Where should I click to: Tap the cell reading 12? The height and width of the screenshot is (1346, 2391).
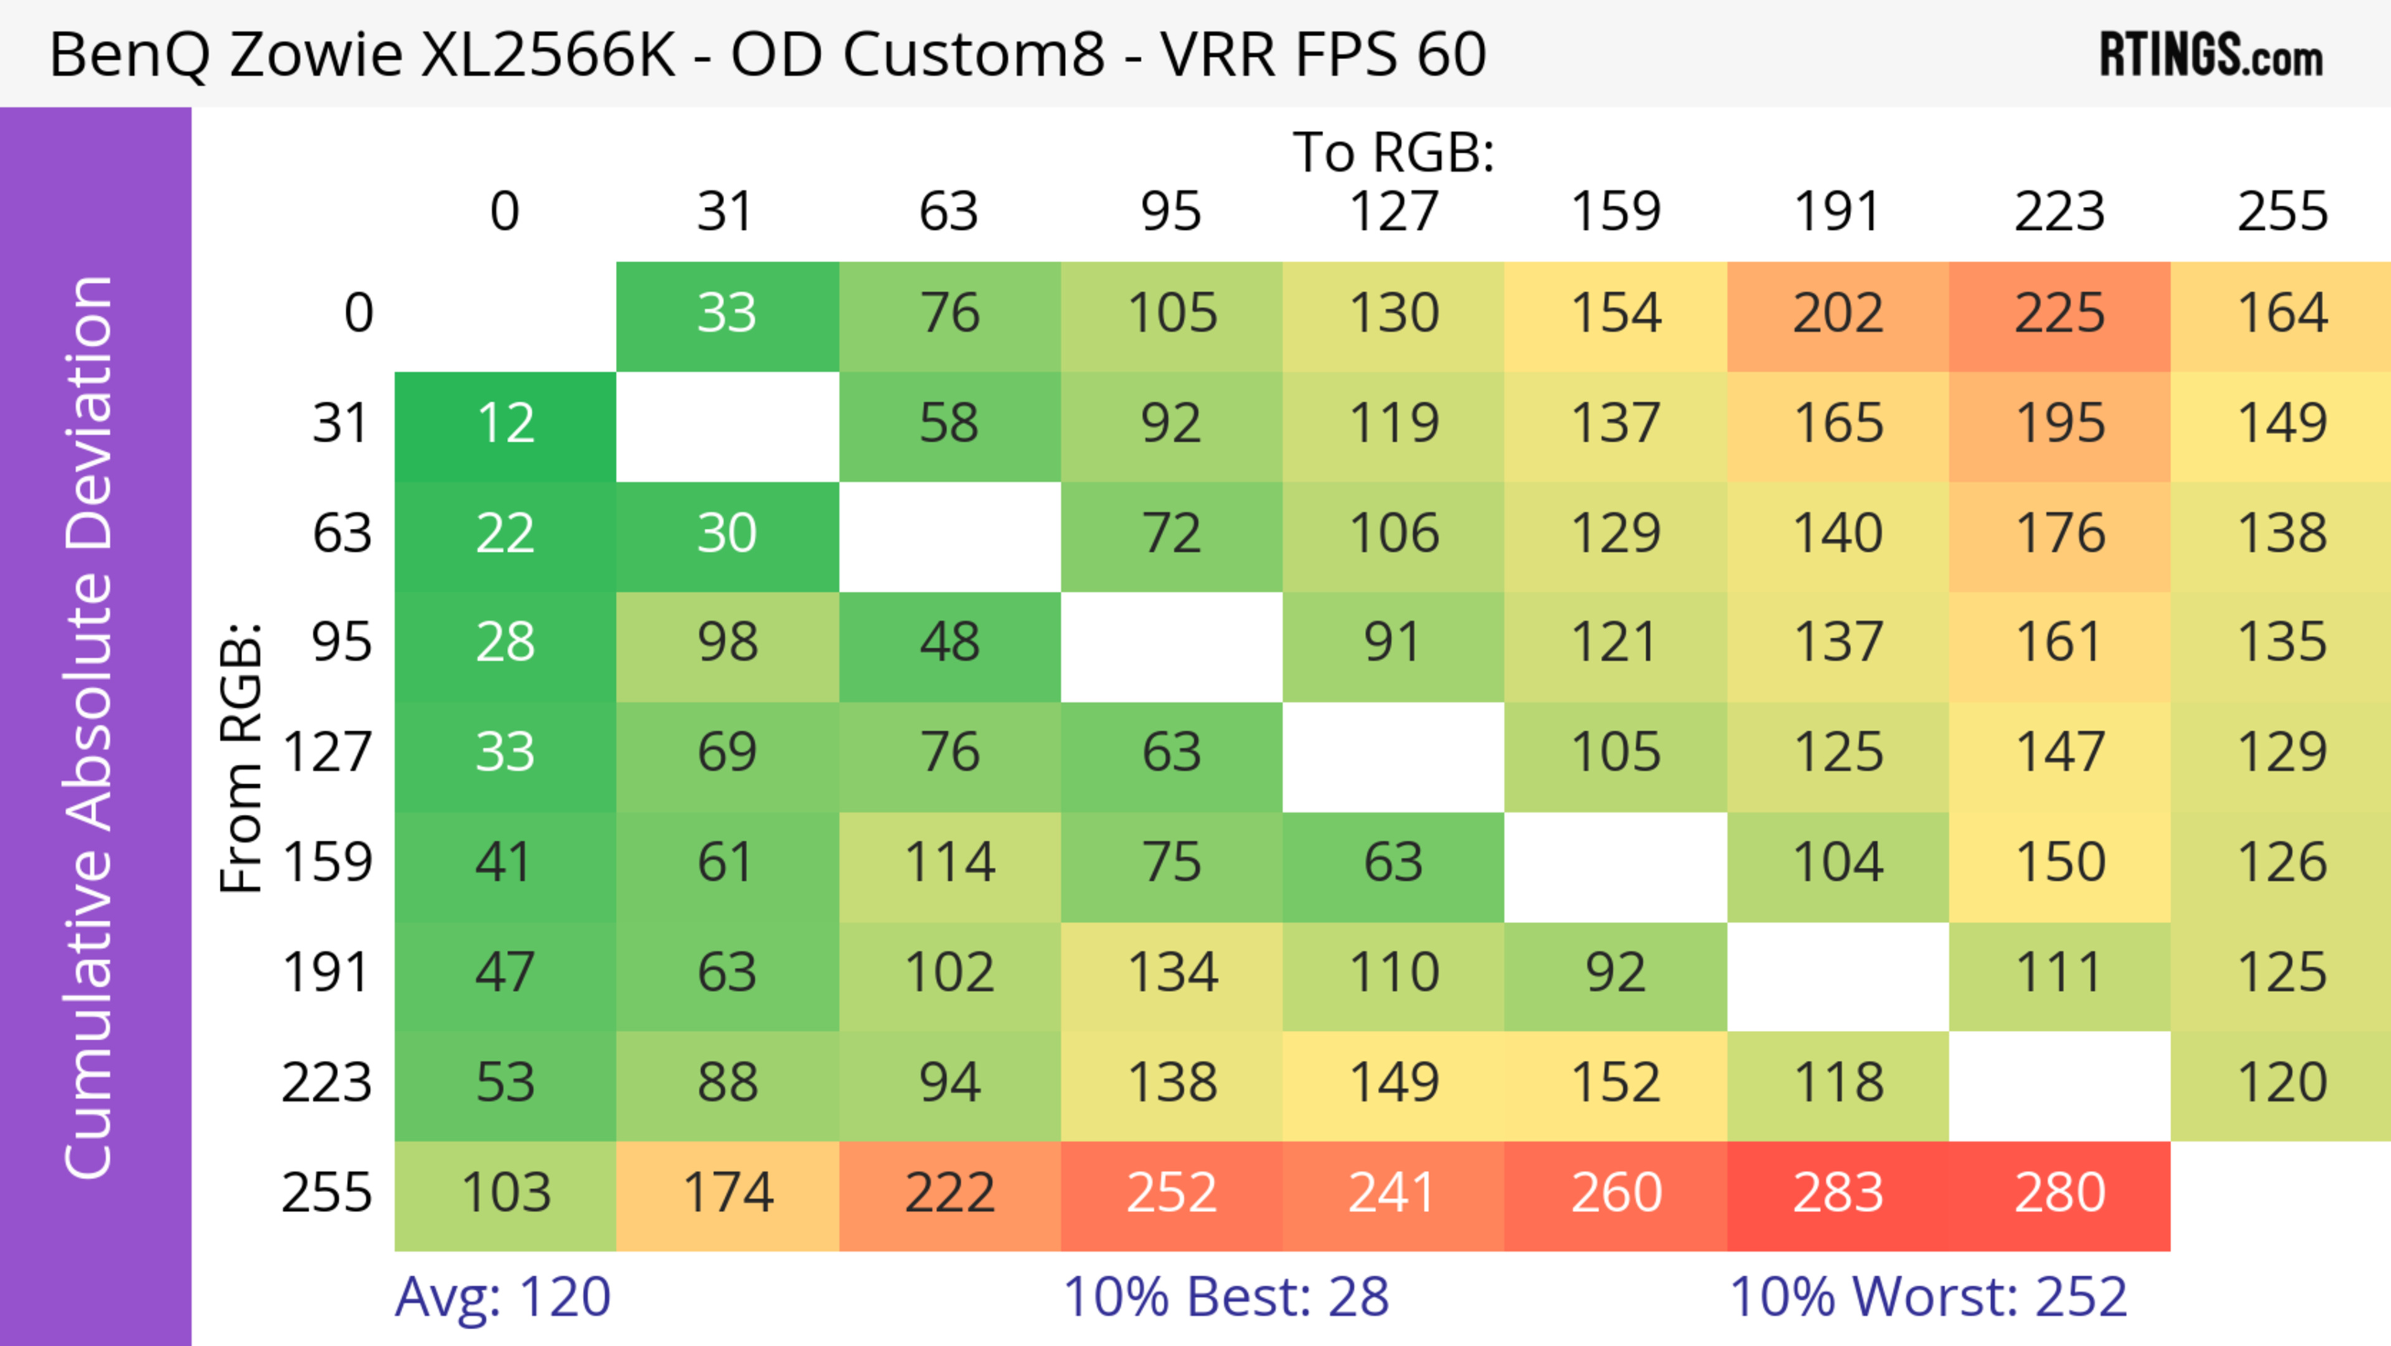coord(505,425)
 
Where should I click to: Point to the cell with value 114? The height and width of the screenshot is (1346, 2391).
coord(950,863)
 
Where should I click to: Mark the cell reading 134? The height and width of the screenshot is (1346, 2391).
coord(1171,974)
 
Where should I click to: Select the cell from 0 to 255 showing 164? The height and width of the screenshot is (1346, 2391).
coord(2281,315)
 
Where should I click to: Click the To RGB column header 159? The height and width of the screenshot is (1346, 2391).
coord(1615,212)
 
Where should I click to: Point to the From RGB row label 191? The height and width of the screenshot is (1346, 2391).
coord(327,974)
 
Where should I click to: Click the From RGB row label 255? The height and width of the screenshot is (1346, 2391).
coord(327,1194)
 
